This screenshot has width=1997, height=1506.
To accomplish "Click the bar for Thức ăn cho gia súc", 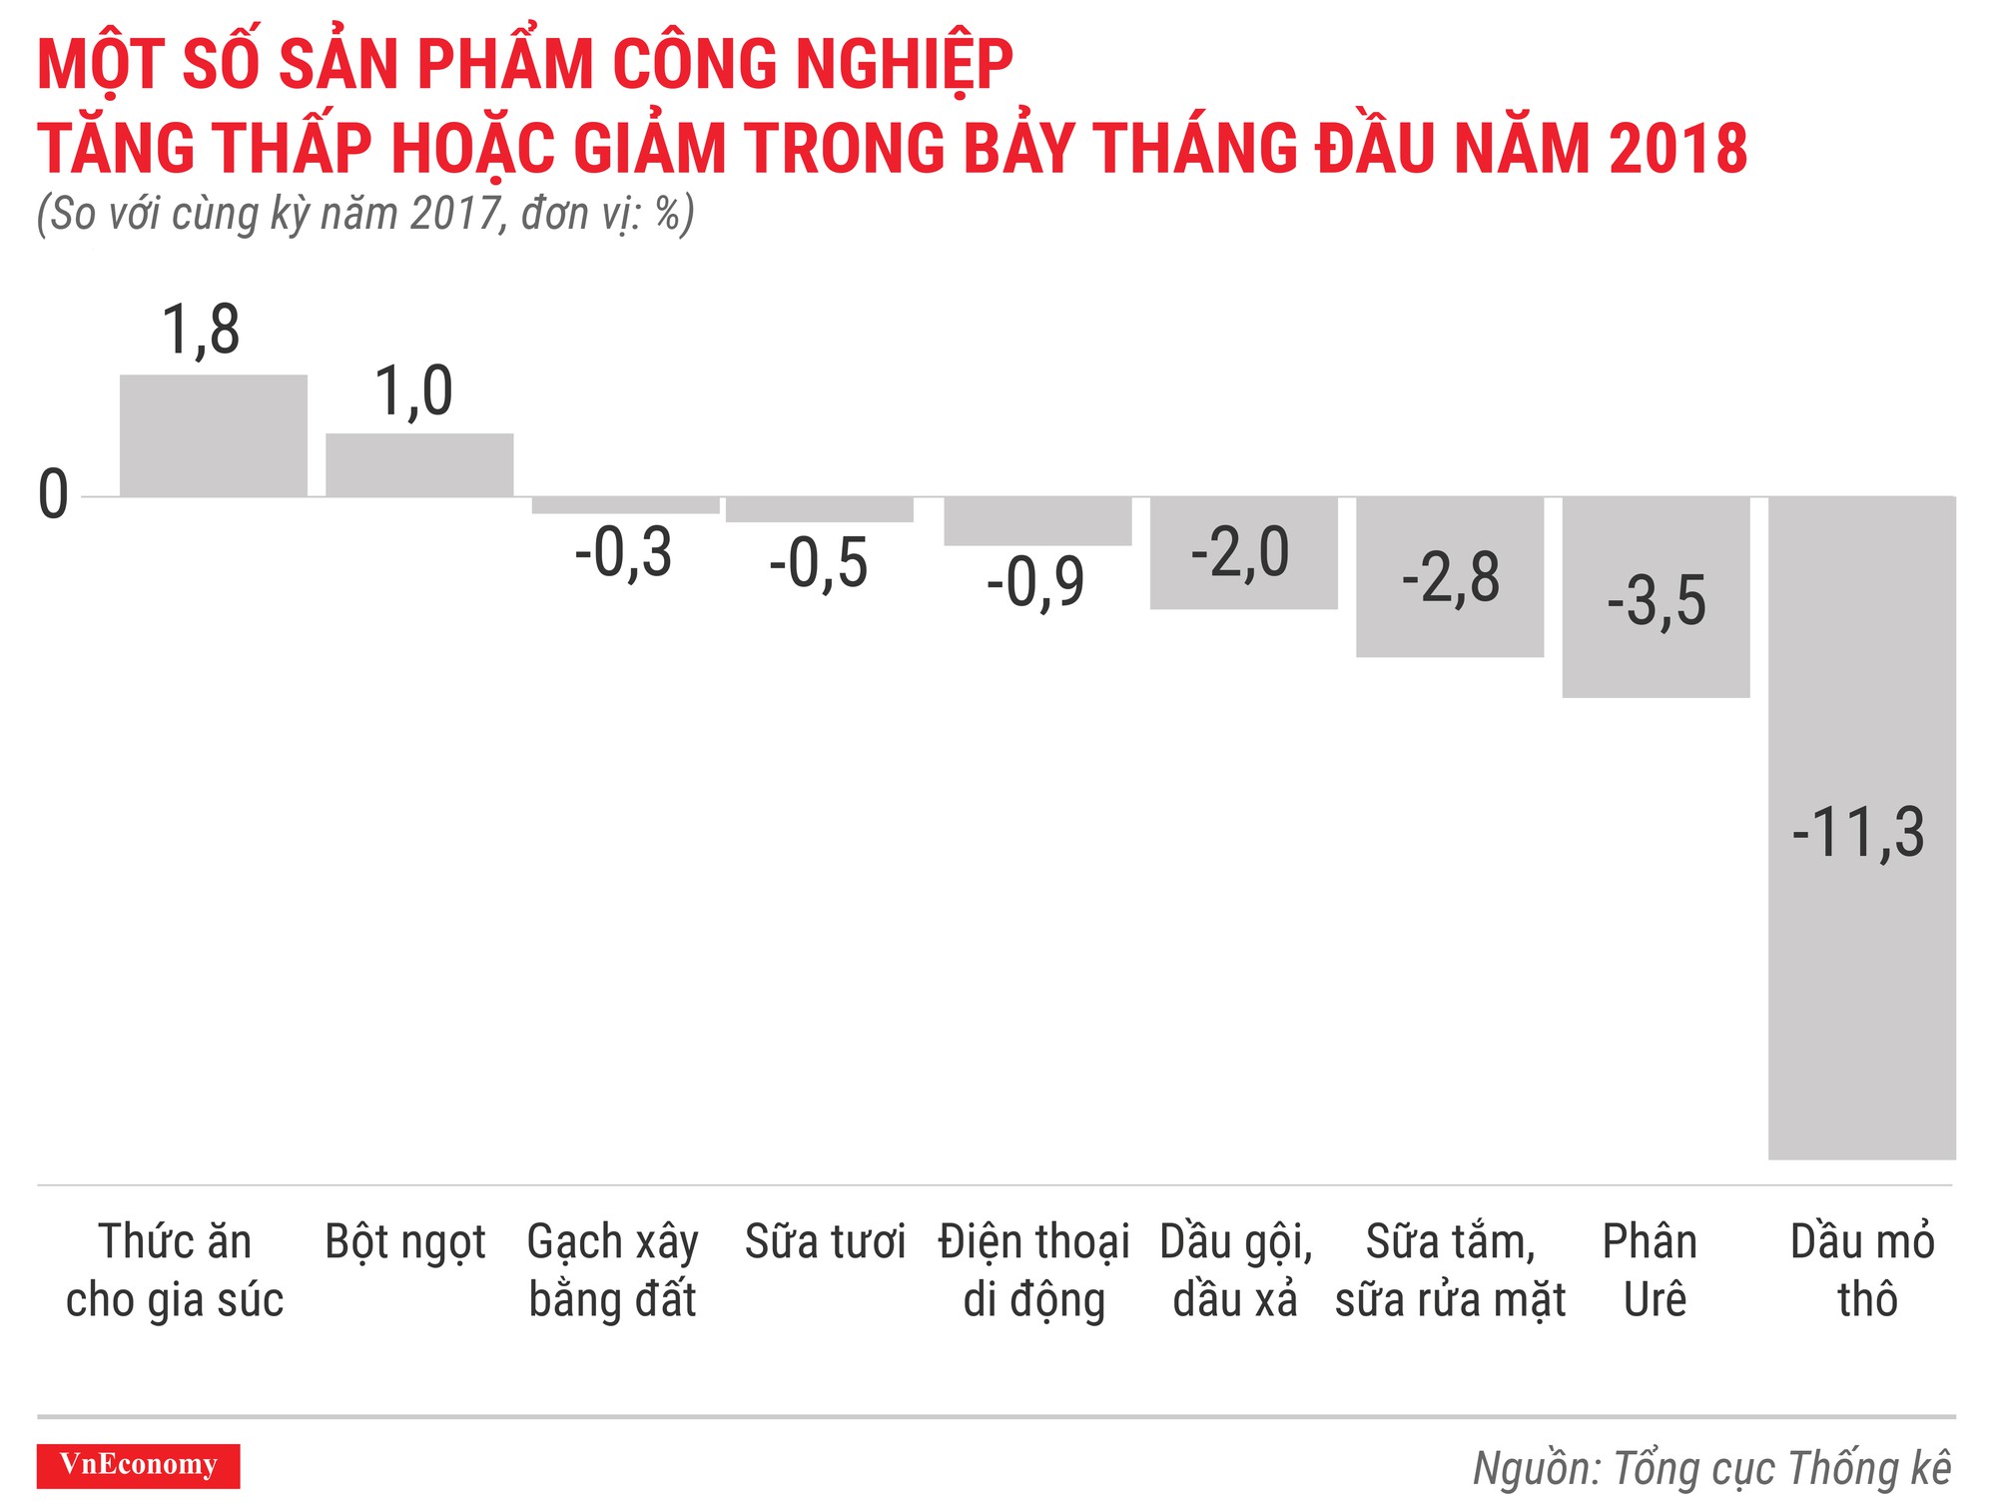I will (x=214, y=435).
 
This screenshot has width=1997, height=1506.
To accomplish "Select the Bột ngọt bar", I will (x=419, y=465).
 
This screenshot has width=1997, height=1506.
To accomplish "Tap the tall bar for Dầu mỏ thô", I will (x=1861, y=999).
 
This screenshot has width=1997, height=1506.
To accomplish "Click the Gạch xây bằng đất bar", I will (x=625, y=505).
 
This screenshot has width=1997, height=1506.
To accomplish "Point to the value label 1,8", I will (x=201, y=331).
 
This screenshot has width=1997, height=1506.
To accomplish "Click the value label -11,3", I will (x=1857, y=832).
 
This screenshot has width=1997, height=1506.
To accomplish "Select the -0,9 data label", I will (x=1035, y=582).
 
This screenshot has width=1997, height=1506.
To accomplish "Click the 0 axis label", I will (x=53, y=495).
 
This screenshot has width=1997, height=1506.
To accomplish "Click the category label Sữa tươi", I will (x=825, y=1242).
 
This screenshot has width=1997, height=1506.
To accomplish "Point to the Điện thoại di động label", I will (x=1034, y=1270).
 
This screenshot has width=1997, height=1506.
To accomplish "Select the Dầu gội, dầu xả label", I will (x=1236, y=1270).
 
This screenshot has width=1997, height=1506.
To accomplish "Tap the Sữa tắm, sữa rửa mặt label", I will (x=1450, y=1270).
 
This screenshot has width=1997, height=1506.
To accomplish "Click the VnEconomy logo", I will (x=138, y=1465).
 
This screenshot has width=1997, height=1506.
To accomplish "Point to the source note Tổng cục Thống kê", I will (x=1711, y=1468).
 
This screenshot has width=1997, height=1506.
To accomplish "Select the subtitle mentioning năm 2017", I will (x=365, y=215).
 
